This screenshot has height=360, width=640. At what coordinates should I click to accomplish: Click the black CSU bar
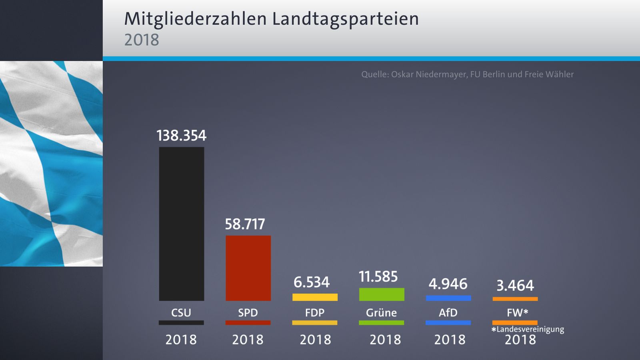(x=182, y=224)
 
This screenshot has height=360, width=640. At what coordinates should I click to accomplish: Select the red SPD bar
(x=248, y=268)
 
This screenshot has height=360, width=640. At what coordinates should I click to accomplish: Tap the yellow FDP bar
(x=315, y=297)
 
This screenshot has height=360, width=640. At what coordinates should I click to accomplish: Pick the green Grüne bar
(x=382, y=294)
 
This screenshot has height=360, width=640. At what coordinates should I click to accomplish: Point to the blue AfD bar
(x=448, y=298)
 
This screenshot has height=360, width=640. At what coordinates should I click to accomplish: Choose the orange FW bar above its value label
(x=515, y=299)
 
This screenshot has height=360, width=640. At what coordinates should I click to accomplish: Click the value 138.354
(x=182, y=136)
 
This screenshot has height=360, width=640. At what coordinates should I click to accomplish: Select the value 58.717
(x=245, y=224)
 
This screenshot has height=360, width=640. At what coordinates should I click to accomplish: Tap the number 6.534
(x=312, y=282)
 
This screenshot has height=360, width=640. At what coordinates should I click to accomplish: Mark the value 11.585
(x=378, y=277)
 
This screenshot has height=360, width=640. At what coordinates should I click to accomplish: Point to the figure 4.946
(x=448, y=284)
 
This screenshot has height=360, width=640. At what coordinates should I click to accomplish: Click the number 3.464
(x=515, y=286)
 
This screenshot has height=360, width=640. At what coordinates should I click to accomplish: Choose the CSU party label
(x=181, y=313)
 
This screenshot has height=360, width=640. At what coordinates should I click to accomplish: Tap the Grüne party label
(x=381, y=313)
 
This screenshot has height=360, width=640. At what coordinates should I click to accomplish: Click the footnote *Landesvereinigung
(x=528, y=329)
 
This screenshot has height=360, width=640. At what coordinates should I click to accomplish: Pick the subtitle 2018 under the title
(x=142, y=40)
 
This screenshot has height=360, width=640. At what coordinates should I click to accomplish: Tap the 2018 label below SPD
(x=248, y=340)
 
